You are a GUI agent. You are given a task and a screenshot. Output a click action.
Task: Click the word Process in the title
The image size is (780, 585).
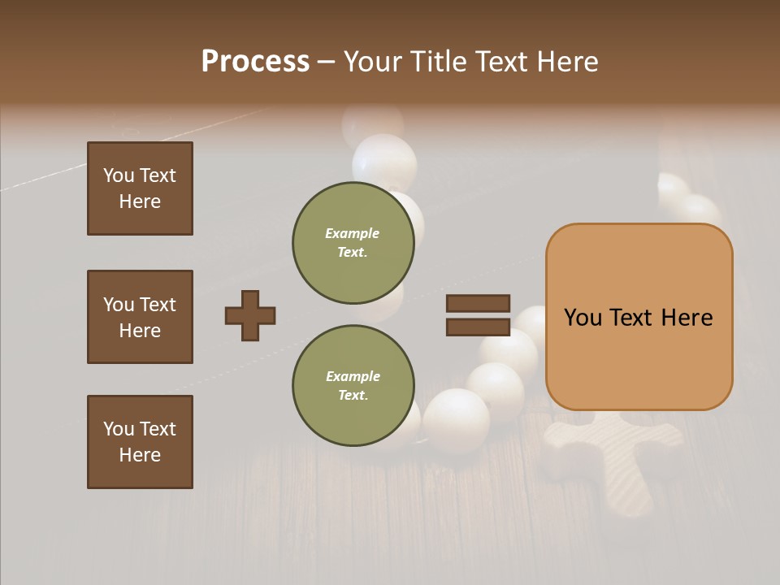click(255, 62)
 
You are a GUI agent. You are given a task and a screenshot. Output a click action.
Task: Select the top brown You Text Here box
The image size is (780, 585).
click(140, 188)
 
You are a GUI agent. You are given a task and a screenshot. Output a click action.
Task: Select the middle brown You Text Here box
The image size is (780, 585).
click(140, 317)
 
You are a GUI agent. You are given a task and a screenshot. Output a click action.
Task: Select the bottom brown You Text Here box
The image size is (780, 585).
click(140, 442)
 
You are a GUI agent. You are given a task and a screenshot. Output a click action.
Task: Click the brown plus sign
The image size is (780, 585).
click(250, 315)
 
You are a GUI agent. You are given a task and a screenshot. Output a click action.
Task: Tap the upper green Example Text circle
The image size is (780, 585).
click(353, 242)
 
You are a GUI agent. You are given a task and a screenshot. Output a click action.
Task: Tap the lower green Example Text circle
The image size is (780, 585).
click(353, 385)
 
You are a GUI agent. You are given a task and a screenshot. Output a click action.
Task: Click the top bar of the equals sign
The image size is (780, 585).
click(478, 304)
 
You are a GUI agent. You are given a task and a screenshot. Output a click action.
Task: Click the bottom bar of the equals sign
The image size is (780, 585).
click(478, 327)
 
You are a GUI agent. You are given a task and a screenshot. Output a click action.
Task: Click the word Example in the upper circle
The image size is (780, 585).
click(353, 233)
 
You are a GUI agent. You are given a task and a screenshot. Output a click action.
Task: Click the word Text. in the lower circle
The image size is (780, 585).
click(353, 395)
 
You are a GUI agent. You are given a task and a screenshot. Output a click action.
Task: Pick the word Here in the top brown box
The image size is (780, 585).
click(140, 201)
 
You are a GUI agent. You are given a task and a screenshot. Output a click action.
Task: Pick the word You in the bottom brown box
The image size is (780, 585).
click(119, 429)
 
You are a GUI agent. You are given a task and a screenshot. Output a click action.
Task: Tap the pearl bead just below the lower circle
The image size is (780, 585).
click(456, 418)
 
